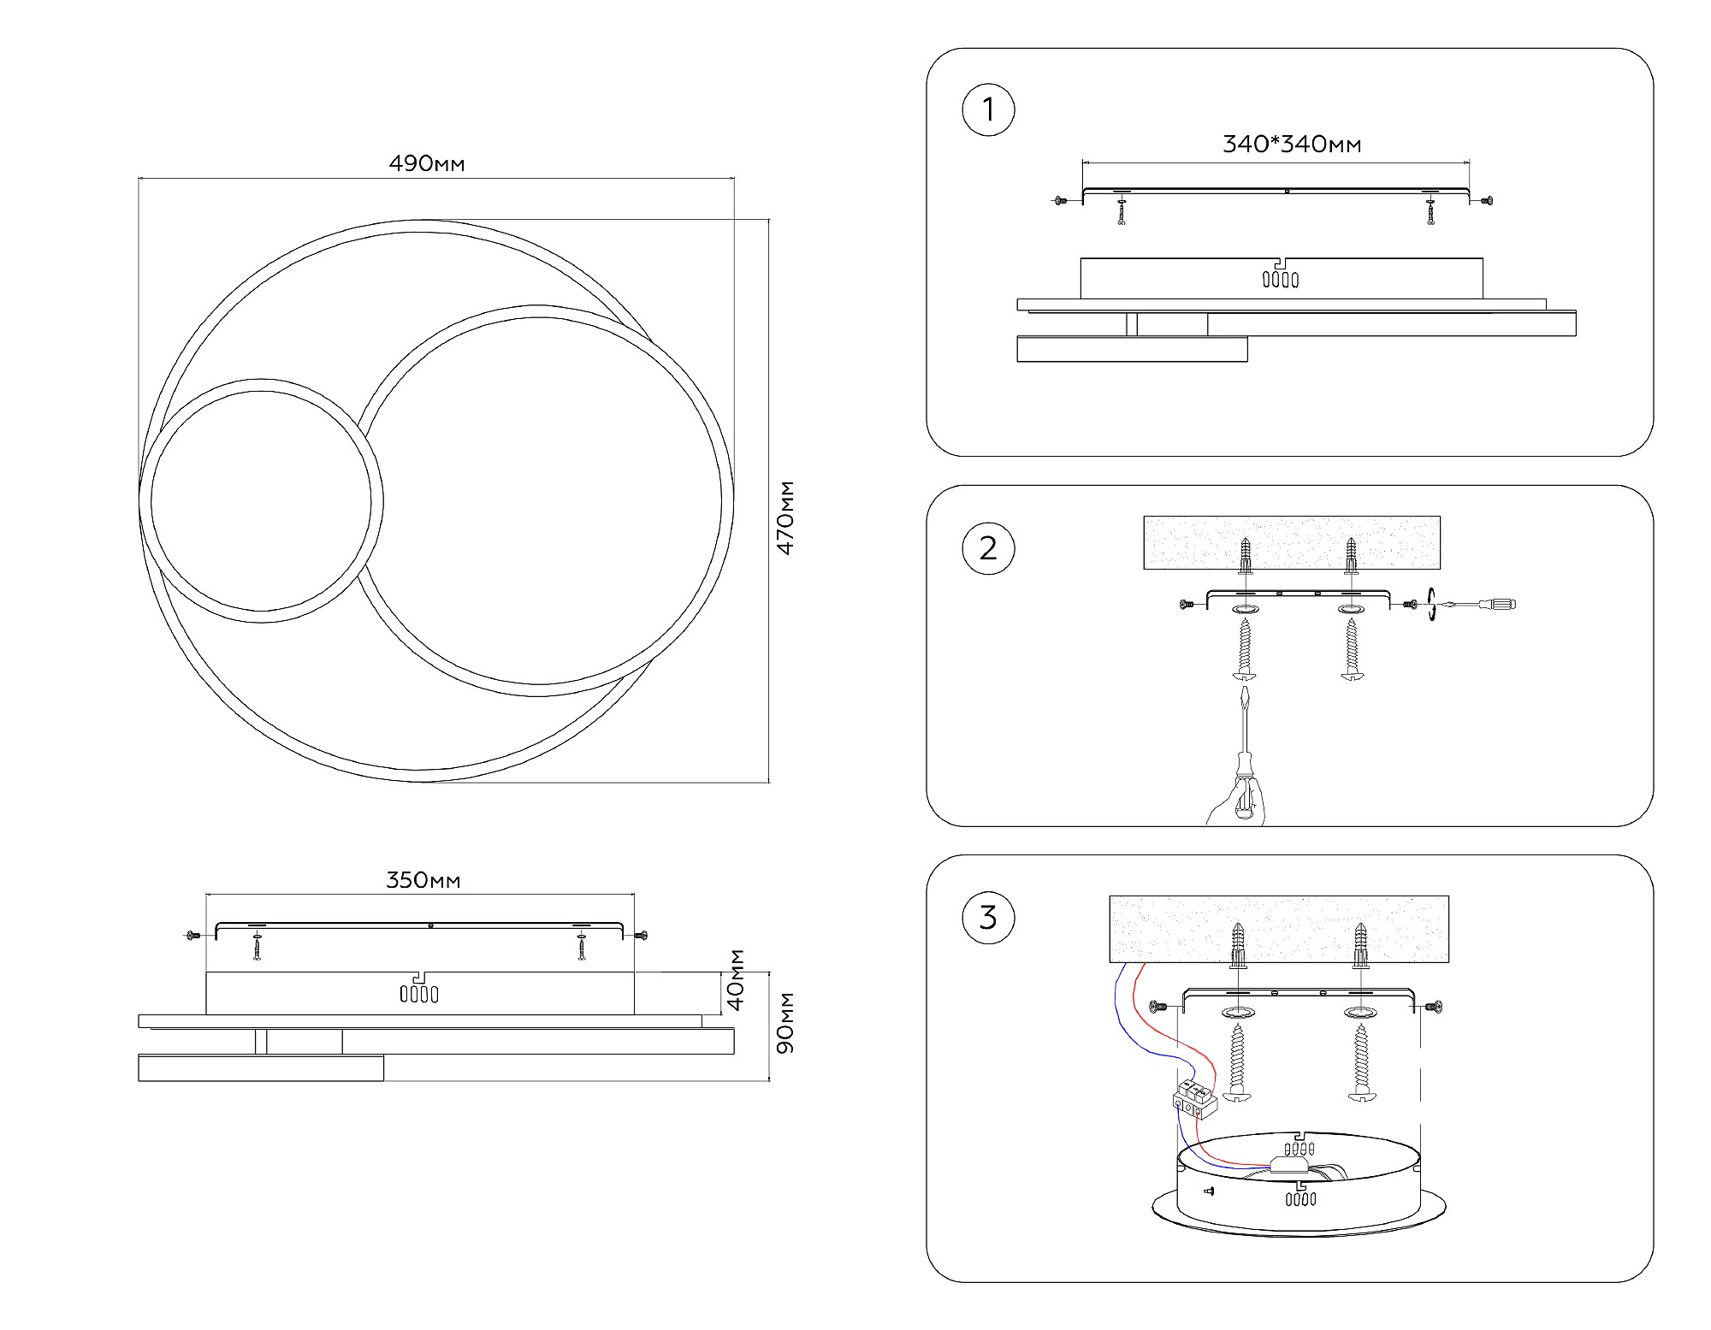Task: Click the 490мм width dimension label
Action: [x=427, y=163]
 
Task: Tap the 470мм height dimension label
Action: [x=785, y=517]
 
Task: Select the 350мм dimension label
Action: [x=423, y=880]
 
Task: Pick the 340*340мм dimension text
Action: [x=1291, y=144]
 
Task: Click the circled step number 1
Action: [x=988, y=110]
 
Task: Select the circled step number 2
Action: [x=988, y=548]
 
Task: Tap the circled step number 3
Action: [x=988, y=918]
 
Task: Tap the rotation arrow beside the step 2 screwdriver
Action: [x=1431, y=605]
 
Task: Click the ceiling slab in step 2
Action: [x=1291, y=542]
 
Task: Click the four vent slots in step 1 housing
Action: [x=1281, y=279]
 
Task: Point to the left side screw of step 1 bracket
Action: [x=1061, y=201]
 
